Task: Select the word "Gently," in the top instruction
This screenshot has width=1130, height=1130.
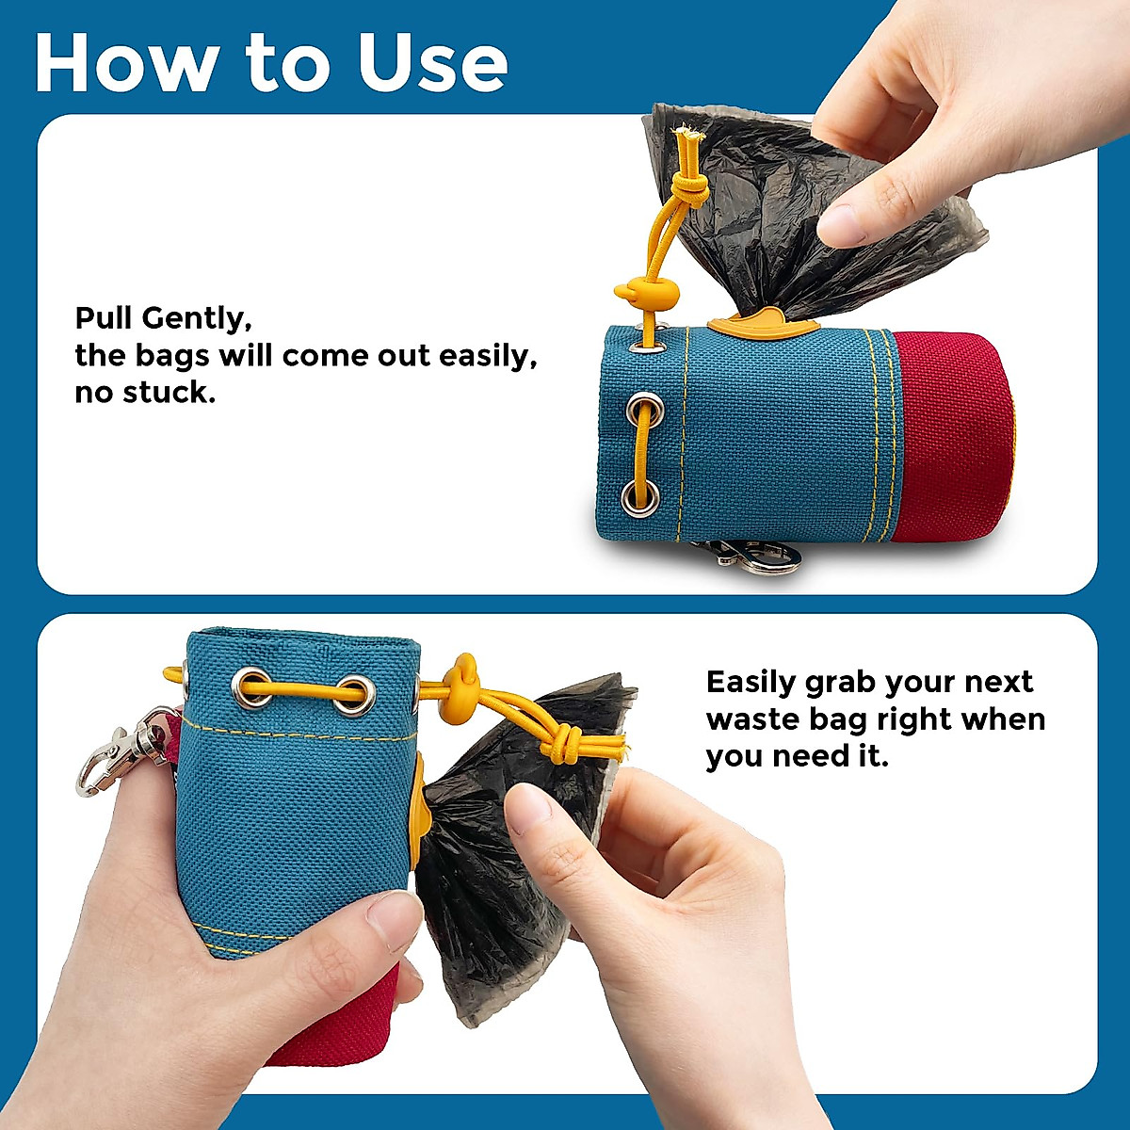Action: coord(196,318)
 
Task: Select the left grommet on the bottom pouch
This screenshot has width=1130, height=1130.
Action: coord(251,686)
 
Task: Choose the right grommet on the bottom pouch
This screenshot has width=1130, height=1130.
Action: coord(356,695)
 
